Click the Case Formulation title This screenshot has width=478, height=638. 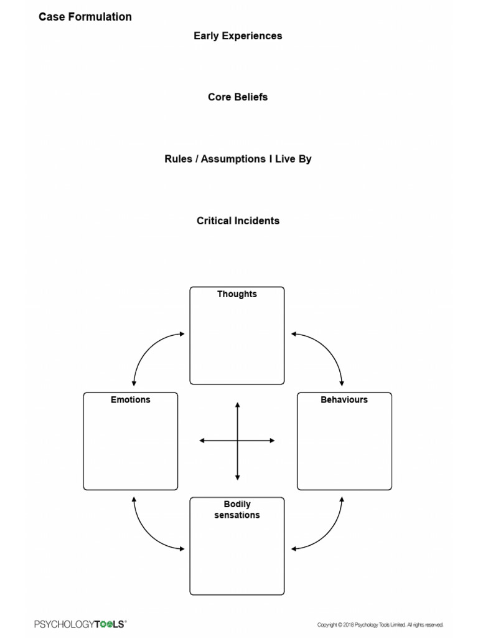[x=85, y=17]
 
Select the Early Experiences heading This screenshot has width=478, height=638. [x=238, y=36]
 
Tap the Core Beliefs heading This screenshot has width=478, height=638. [x=238, y=97]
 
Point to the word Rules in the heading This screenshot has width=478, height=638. [x=178, y=159]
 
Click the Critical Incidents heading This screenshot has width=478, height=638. [x=238, y=221]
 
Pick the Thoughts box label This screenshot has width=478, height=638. [x=237, y=294]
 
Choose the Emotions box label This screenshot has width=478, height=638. [x=131, y=399]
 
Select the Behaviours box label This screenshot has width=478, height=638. [x=344, y=399]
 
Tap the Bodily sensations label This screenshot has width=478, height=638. [x=237, y=510]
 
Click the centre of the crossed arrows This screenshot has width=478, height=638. [x=237, y=440]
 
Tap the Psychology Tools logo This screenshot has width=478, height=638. [x=80, y=624]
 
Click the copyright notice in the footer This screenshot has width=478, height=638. [x=380, y=624]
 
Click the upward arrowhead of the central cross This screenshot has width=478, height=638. [x=237, y=406]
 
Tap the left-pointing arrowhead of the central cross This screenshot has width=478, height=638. [x=202, y=440]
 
